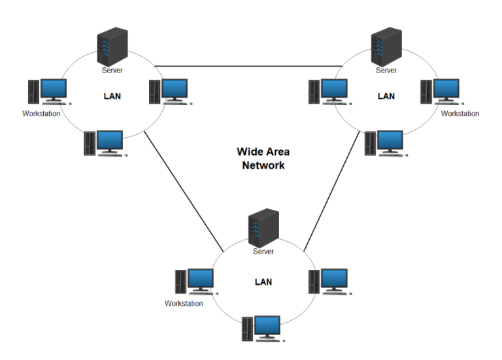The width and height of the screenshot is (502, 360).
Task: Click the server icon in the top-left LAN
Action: (x=110, y=45)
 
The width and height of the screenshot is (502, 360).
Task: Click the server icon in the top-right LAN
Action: (x=386, y=45)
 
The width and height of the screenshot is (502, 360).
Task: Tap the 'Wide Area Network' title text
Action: (x=263, y=159)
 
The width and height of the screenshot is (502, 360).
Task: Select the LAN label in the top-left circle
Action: (x=112, y=96)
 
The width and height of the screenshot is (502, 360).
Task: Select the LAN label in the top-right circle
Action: (x=386, y=96)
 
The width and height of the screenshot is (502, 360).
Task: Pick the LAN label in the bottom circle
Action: (x=263, y=282)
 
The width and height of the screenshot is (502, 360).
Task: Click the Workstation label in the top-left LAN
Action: (x=41, y=114)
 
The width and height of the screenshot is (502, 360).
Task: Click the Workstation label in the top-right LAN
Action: (x=460, y=114)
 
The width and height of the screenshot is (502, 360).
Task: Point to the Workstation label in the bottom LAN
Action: (x=184, y=303)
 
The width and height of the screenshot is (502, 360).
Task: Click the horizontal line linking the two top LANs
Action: (x=248, y=66)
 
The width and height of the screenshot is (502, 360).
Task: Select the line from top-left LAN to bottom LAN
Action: (x=183, y=189)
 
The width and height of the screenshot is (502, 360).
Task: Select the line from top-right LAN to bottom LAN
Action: (x=334, y=189)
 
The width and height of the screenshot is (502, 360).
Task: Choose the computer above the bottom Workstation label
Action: (x=195, y=282)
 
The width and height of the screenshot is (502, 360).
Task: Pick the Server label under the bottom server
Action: (x=263, y=252)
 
